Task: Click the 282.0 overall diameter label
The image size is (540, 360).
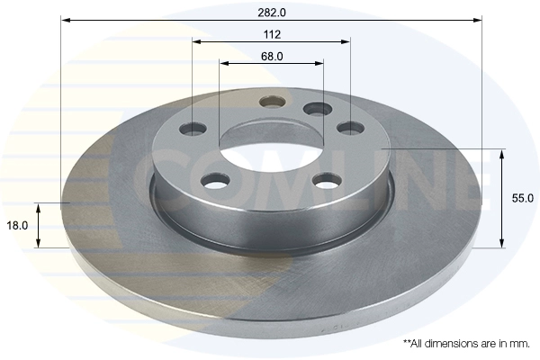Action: pos(272,13)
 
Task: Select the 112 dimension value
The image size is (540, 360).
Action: pos(272,34)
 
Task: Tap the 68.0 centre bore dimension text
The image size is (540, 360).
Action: pos(272,56)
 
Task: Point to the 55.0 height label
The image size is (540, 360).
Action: pos(522,198)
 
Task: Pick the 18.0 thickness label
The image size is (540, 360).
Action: pos(17,226)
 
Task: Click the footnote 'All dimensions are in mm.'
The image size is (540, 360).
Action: pos(466,344)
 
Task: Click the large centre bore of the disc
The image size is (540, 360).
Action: pos(272,152)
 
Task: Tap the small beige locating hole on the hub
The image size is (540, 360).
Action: pos(273,102)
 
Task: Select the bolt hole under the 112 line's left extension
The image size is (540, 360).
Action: pos(193,129)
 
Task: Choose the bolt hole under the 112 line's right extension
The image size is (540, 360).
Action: pos(351,128)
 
